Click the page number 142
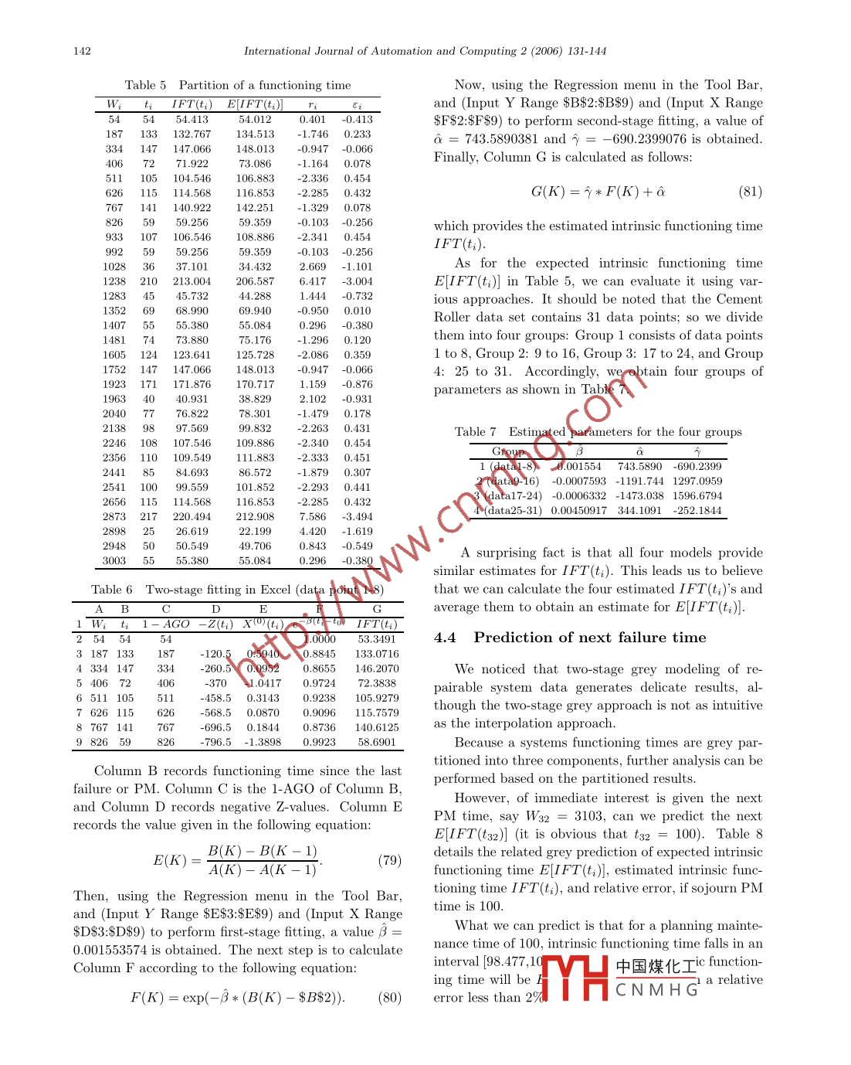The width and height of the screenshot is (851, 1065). pyautogui.click(x=82, y=51)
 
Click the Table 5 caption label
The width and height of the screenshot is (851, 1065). pyautogui.click(x=145, y=85)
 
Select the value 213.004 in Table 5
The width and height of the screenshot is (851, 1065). pyautogui.click(x=192, y=281)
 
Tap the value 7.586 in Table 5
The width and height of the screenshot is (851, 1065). pyautogui.click(x=313, y=516)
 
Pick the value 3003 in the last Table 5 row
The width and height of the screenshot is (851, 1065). pyautogui.click(x=114, y=560)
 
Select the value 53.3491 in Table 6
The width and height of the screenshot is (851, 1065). pyautogui.click(x=377, y=639)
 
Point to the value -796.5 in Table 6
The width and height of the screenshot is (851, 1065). pyautogui.click(x=215, y=742)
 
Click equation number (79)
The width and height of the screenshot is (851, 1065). pyautogui.click(x=389, y=860)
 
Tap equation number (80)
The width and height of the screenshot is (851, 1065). pyautogui.click(x=389, y=997)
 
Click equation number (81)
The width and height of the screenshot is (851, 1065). pyautogui.click(x=750, y=192)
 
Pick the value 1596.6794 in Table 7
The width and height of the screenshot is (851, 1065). pyautogui.click(x=697, y=495)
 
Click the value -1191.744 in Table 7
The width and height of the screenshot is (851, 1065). pyautogui.click(x=639, y=481)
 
